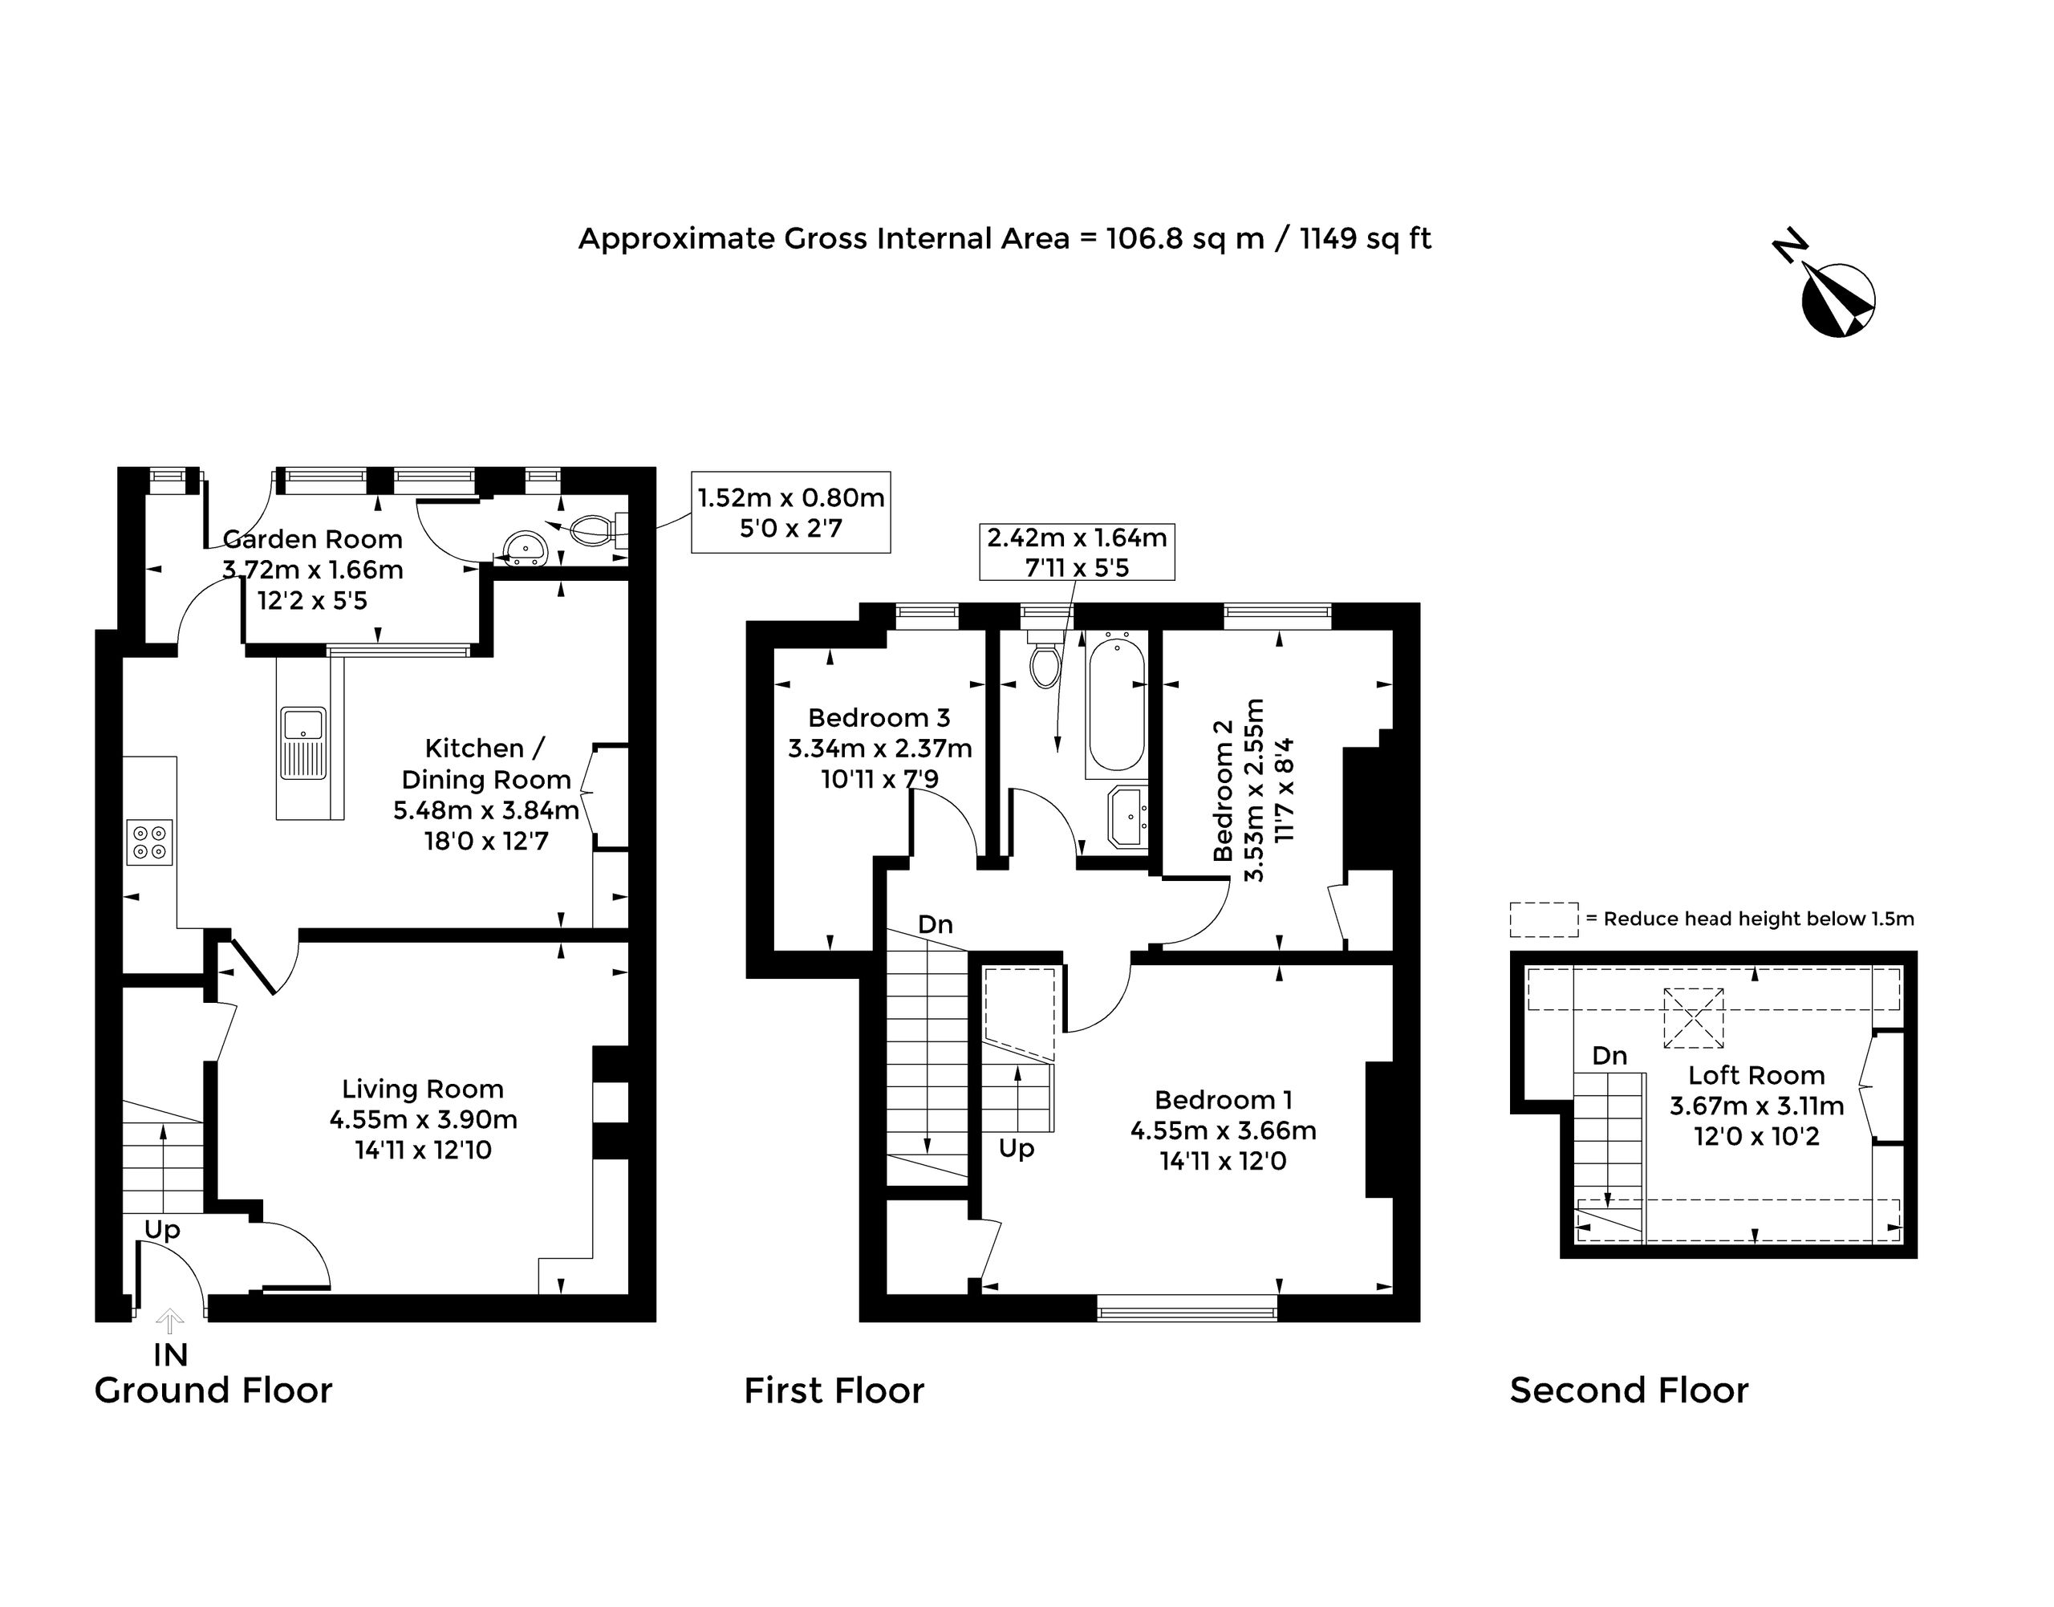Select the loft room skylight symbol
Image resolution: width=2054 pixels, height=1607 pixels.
(x=1693, y=1017)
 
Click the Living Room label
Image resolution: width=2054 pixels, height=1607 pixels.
(x=423, y=1089)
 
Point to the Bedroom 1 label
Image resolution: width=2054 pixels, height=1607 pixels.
(x=1224, y=1100)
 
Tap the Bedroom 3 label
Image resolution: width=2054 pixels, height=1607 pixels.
(x=879, y=718)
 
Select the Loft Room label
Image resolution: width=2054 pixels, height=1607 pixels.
(x=1756, y=1074)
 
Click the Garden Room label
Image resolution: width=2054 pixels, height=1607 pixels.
(x=312, y=539)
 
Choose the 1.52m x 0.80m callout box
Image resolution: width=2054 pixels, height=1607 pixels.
(x=790, y=512)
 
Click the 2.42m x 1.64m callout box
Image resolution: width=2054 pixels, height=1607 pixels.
(x=1078, y=551)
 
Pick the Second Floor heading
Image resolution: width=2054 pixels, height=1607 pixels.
(x=1629, y=1390)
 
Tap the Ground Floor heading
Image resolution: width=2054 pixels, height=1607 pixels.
(x=213, y=1390)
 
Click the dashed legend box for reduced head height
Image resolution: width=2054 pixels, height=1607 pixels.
(x=1544, y=919)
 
